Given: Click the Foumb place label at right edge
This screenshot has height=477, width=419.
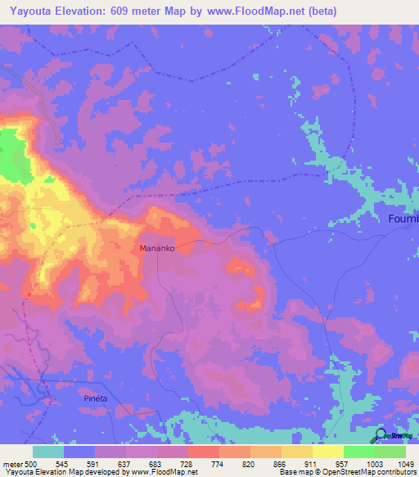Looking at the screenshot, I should (x=403, y=218).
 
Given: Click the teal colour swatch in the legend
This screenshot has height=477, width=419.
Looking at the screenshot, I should (x=48, y=452).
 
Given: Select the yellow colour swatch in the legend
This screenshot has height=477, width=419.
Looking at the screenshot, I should (x=328, y=452).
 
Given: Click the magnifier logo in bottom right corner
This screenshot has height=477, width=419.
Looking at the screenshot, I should (x=380, y=436).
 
